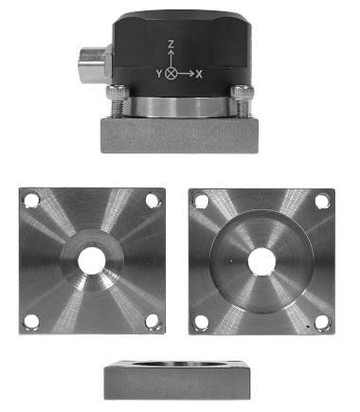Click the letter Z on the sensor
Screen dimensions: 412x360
tap(170, 45)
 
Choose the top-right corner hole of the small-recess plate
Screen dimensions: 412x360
tap(152, 201)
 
